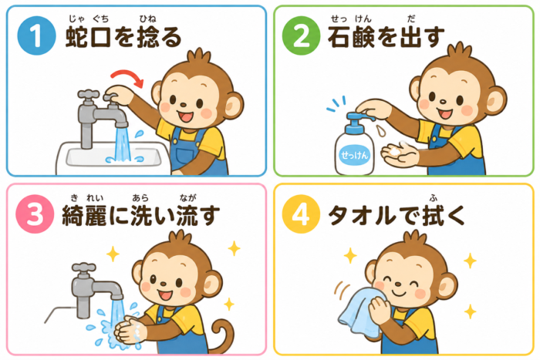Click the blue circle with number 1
coord(36,35)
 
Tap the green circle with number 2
coord(301,35)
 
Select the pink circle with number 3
coord(35,214)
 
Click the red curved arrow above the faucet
coord(127,74)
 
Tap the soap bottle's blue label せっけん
coord(354,155)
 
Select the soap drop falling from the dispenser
coord(380,130)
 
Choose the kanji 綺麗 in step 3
coord(84,215)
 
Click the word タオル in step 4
coord(361,216)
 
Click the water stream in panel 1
coord(123,144)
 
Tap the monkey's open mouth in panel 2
coord(444,113)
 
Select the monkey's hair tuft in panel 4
coord(415,238)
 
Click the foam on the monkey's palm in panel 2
coord(397,150)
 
